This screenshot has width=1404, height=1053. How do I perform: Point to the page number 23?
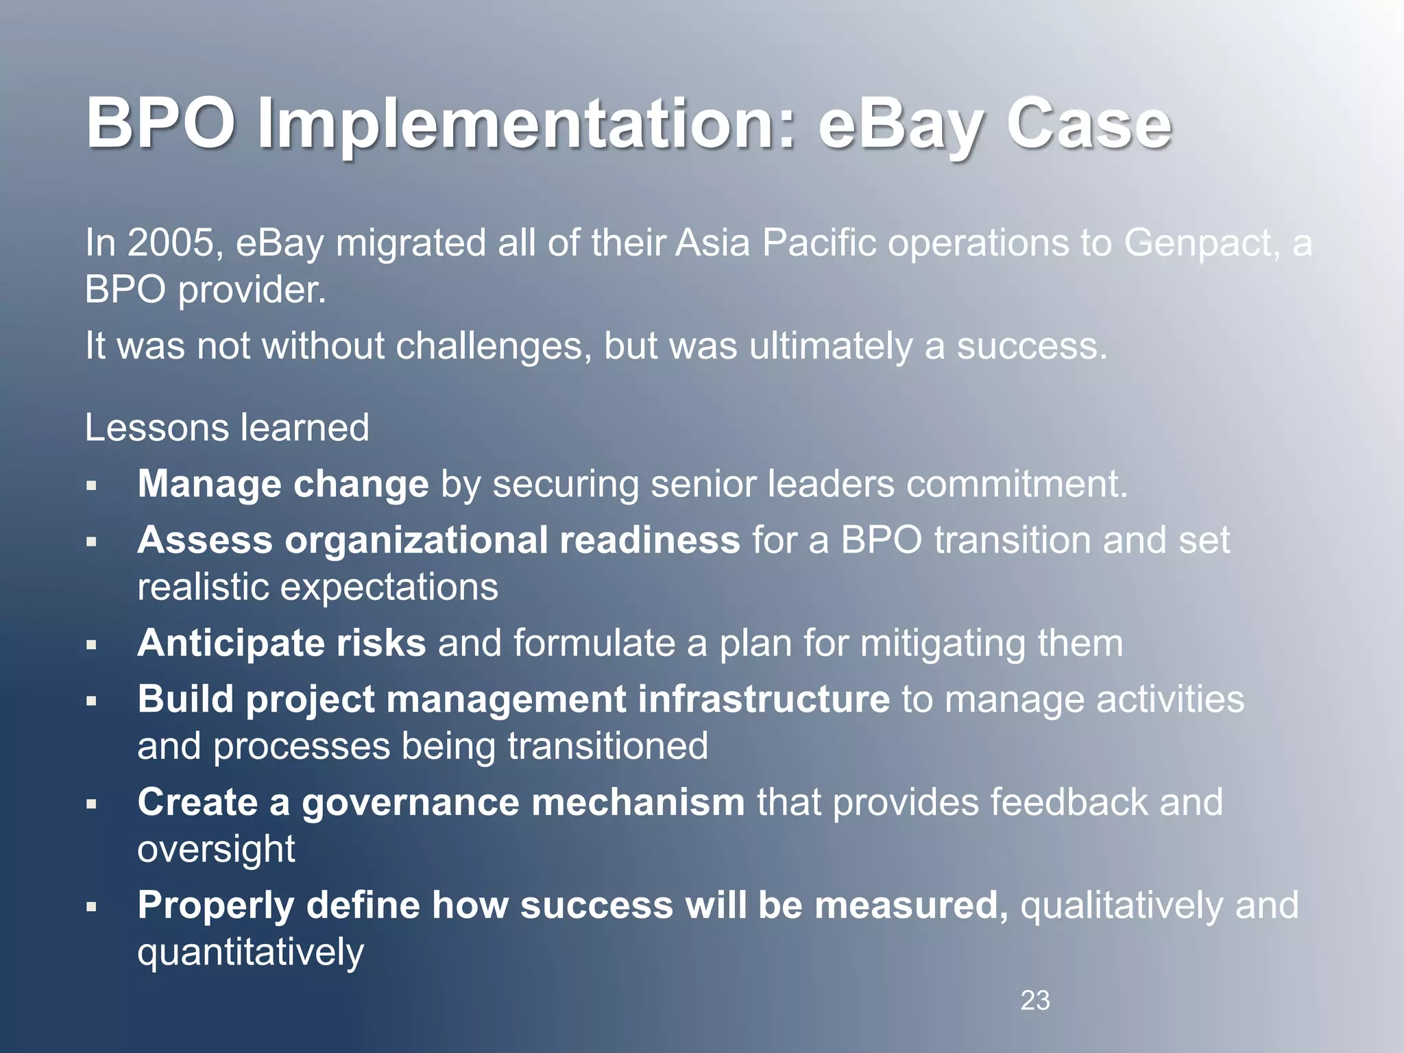click(1034, 1001)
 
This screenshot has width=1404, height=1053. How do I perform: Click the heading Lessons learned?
click(227, 428)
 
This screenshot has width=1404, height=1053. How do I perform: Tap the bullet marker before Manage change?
click(91, 486)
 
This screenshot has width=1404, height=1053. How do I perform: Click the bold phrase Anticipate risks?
click(281, 643)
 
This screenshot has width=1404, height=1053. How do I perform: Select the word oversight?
click(216, 849)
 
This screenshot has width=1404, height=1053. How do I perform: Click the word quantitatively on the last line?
click(250, 952)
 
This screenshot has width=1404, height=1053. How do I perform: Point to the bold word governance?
click(410, 802)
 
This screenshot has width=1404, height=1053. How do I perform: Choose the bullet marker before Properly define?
click(91, 908)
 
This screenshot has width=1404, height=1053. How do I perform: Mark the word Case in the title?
click(1089, 125)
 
